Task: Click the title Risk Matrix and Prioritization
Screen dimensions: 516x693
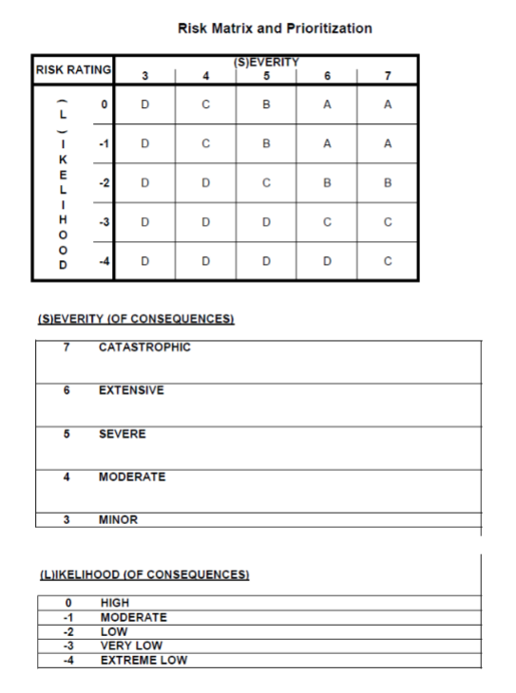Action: [x=275, y=29]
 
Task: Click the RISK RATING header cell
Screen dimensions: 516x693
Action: [x=73, y=68]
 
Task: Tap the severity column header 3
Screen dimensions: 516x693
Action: [x=144, y=75]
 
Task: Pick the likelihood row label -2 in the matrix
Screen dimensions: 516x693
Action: [x=97, y=180]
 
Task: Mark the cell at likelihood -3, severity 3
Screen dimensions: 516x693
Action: [x=144, y=221]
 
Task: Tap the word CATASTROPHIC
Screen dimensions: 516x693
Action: [x=144, y=347]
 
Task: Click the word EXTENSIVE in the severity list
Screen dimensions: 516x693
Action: [x=131, y=390]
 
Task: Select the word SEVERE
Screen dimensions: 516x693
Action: [x=124, y=434]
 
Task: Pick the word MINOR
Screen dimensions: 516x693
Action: [x=119, y=520]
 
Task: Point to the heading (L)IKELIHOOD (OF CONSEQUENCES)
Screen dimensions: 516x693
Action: [x=143, y=574]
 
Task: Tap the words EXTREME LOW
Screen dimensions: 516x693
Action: [x=143, y=660]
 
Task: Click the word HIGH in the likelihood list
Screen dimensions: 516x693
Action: [x=115, y=603]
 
